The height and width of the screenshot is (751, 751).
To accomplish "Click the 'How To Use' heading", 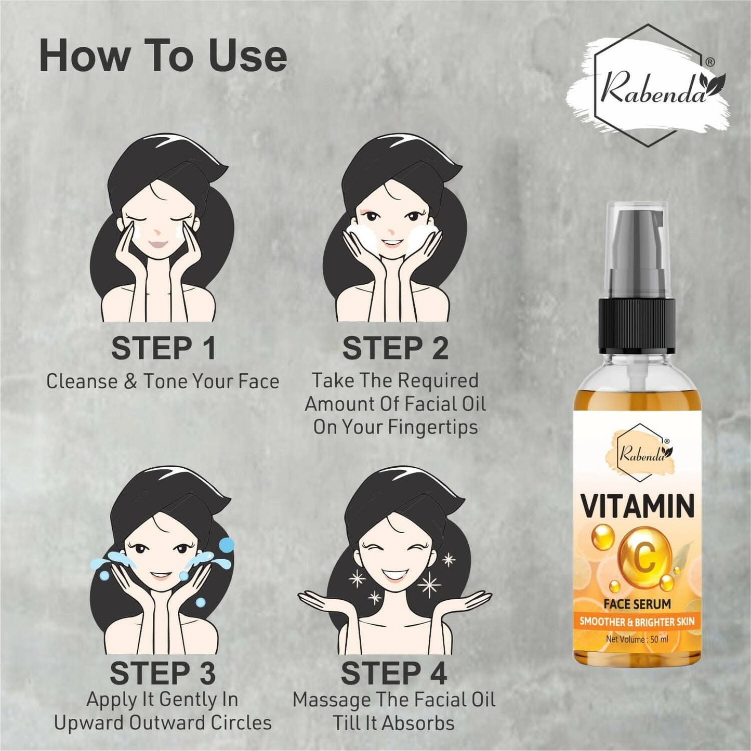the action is pyautogui.click(x=163, y=57).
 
